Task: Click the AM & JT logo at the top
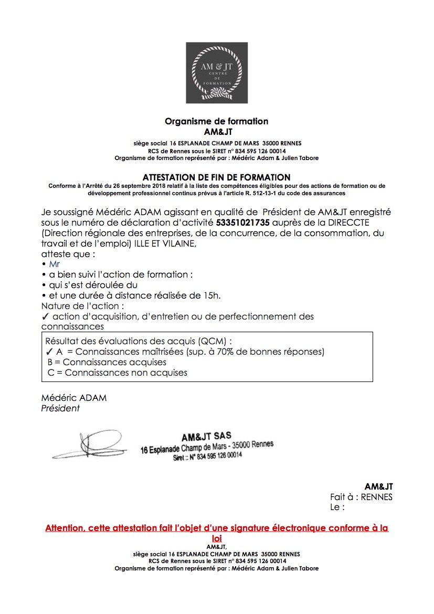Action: (217, 73)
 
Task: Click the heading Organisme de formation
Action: (217, 121)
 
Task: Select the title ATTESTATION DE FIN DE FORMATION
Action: (217, 178)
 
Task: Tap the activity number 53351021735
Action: (243, 223)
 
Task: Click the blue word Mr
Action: (55, 264)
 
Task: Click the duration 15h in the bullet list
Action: (210, 295)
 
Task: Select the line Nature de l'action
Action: (83, 306)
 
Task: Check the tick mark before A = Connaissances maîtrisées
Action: (49, 352)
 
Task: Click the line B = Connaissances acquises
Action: (107, 362)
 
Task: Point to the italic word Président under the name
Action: (60, 408)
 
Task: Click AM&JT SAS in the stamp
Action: (206, 437)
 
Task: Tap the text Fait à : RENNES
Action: (361, 497)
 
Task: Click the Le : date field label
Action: (337, 507)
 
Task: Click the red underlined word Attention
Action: (65, 528)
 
